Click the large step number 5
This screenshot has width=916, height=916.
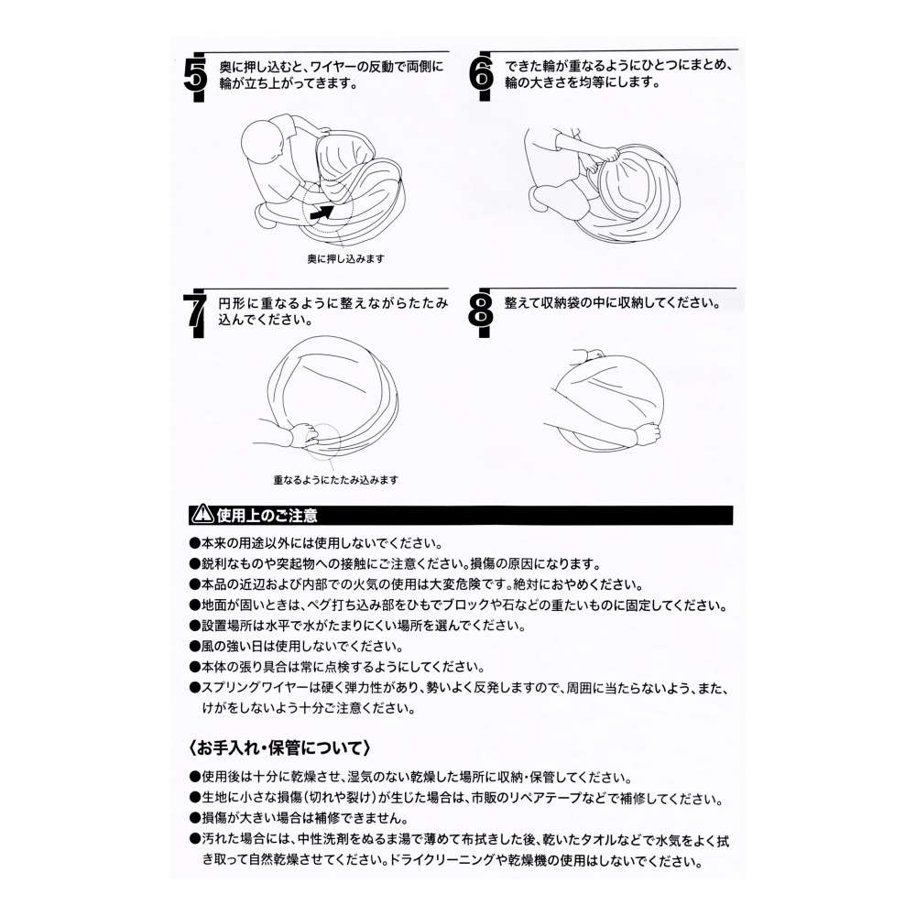click(195, 75)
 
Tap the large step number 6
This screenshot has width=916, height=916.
click(482, 75)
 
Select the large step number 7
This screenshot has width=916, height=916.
click(194, 312)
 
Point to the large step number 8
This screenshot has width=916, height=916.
click(481, 311)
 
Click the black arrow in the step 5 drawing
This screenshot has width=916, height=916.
click(322, 213)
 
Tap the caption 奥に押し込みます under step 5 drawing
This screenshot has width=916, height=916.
click(346, 259)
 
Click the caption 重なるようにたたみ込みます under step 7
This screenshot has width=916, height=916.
click(336, 480)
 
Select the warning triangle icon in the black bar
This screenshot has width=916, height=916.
click(203, 515)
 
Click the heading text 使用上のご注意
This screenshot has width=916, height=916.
click(267, 515)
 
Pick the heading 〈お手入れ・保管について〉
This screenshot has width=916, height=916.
click(279, 748)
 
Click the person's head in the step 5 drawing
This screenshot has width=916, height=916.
click(263, 143)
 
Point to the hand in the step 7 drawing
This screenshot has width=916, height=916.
click(304, 434)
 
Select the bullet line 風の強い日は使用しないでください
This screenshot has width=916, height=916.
click(297, 647)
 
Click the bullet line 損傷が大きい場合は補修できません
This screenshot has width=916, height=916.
click(300, 818)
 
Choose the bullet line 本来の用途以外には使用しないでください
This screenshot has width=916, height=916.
click(317, 544)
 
